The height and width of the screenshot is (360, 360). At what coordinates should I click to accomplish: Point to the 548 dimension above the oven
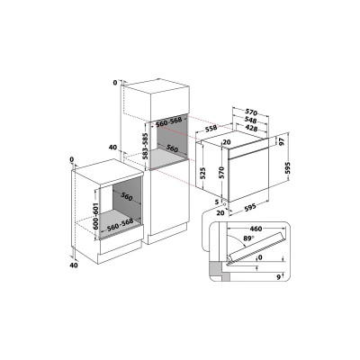(256, 119)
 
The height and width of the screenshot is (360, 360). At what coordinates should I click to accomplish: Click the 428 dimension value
(256, 129)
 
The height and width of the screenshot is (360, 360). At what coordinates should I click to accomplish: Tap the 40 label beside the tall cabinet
(112, 146)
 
